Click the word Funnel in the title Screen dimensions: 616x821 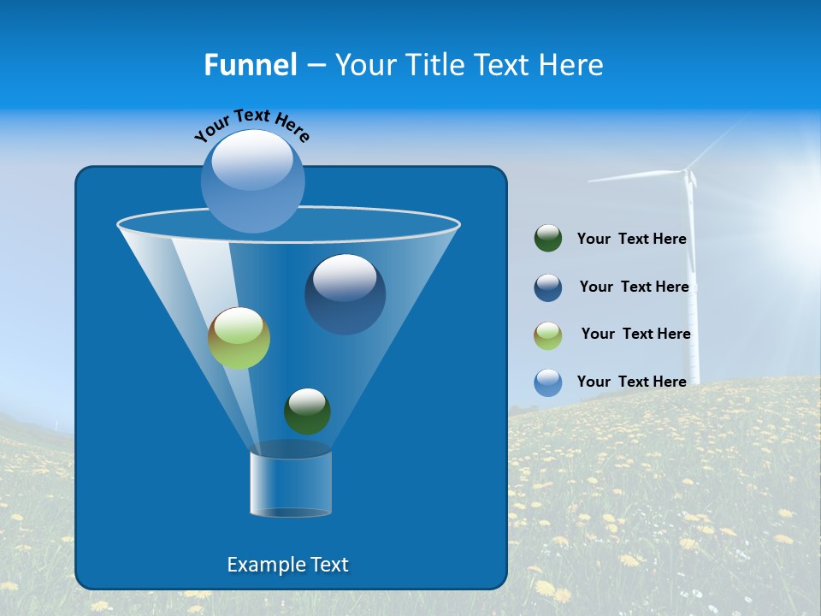250,64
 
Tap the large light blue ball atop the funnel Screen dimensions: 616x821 253,181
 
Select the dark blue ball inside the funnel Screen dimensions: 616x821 345,293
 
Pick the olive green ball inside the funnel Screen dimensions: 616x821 239,338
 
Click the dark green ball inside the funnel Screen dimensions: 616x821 307,411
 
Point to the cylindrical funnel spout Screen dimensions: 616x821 290,483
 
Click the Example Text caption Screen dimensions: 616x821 287,565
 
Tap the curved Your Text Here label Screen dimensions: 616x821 251,124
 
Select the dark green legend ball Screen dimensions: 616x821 547,239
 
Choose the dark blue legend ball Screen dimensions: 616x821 547,287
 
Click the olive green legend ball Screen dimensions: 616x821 547,335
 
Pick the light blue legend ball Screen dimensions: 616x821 547,382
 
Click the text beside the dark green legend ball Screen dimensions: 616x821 631,240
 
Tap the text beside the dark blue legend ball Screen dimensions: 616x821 634,287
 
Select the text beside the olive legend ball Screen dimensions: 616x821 635,334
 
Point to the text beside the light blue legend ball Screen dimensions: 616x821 631,382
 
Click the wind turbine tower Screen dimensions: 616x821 692,282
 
